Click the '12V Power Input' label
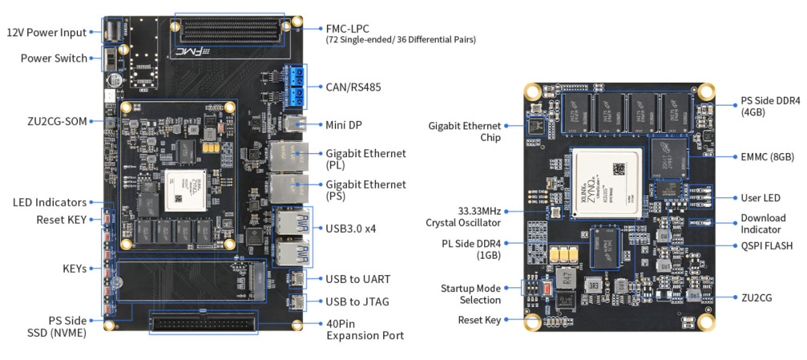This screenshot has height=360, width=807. tap(46, 33)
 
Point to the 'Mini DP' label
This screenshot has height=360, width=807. tap(345, 125)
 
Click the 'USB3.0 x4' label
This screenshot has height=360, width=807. tap(351, 229)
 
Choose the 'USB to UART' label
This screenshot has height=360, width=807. tap(358, 279)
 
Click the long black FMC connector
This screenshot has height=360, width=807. tap(229, 31)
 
